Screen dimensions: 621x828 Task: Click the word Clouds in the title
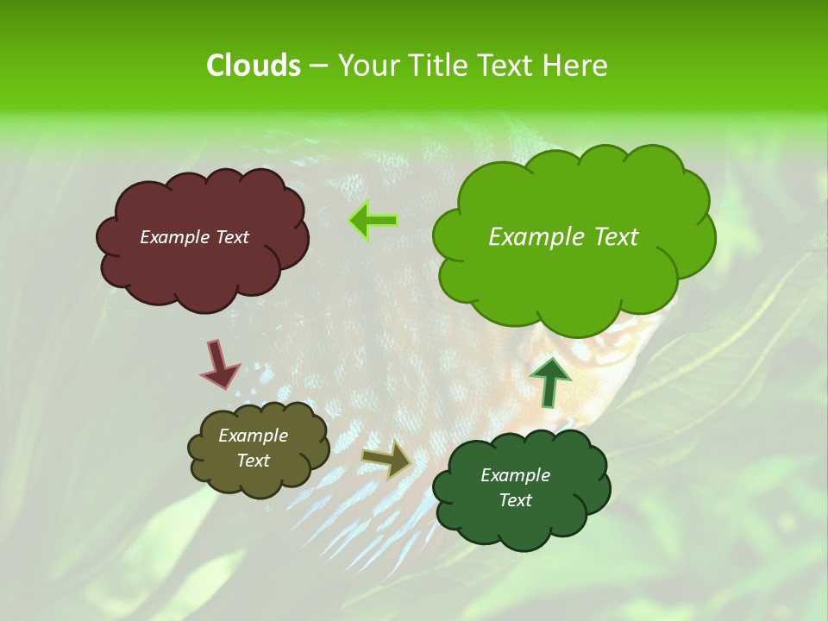253,66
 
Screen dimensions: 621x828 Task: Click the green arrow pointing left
373,221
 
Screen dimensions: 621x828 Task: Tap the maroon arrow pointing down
220,364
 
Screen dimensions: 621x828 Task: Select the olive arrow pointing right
386,458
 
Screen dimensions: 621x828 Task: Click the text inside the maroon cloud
194,237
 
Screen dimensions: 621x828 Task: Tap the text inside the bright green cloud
563,237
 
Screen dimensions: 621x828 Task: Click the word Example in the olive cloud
253,436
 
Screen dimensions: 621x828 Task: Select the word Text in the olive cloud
253,461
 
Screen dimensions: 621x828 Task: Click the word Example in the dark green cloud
515,475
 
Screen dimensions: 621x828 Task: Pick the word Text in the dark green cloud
515,500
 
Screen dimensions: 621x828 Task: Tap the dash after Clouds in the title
318,66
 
